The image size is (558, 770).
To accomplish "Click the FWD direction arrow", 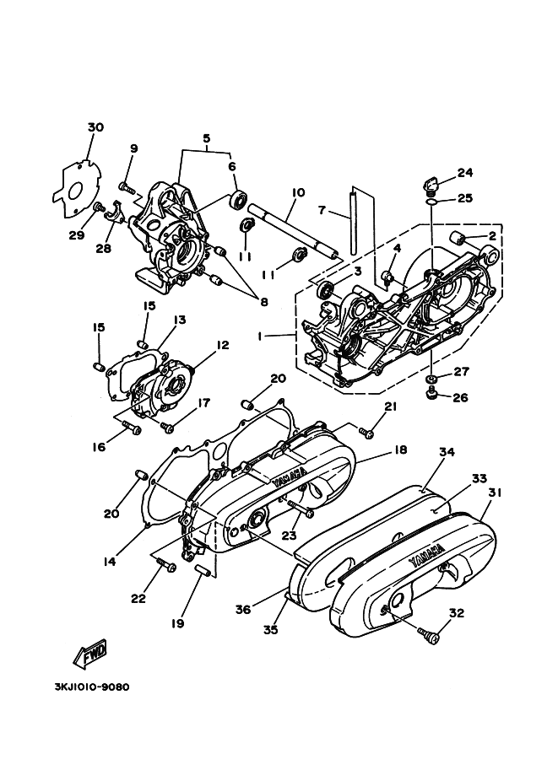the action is click(x=90, y=654).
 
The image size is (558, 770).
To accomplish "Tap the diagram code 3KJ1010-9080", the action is click(x=92, y=687).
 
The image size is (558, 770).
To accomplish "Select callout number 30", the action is click(x=96, y=127).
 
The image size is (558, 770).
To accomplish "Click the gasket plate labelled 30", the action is click(x=77, y=186).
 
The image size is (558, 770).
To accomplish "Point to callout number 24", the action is click(x=465, y=173).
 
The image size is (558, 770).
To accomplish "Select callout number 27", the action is click(x=461, y=372).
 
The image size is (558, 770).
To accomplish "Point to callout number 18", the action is click(x=401, y=450).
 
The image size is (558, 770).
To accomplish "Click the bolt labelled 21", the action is click(x=366, y=432).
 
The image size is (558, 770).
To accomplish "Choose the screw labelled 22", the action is click(x=166, y=565).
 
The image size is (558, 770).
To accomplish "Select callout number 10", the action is click(x=299, y=192).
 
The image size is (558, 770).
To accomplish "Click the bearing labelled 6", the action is click(x=240, y=200).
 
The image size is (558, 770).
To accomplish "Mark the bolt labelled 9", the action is click(x=127, y=187).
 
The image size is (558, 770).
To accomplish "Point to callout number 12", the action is click(x=222, y=345).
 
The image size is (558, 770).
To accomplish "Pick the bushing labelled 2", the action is click(x=458, y=240).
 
